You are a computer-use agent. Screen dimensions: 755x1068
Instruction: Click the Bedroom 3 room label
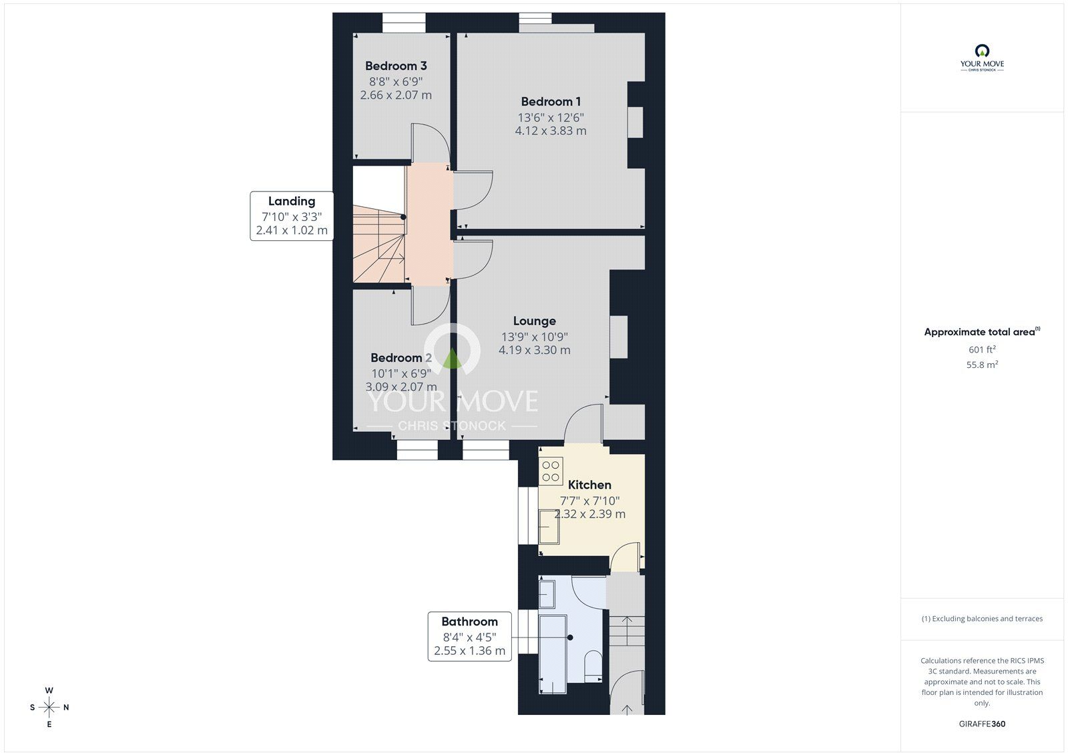pyautogui.click(x=396, y=66)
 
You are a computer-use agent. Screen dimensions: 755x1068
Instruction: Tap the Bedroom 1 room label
pyautogui.click(x=551, y=101)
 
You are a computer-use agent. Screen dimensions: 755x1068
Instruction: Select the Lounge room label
pyautogui.click(x=534, y=321)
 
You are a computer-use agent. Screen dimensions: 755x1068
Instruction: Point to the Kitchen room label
pyautogui.click(x=589, y=485)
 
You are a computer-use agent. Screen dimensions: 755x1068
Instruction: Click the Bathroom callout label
pyautogui.click(x=469, y=621)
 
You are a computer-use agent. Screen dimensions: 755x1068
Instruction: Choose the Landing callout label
pyautogui.click(x=292, y=201)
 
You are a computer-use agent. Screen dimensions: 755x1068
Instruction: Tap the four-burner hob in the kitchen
pyautogui.click(x=551, y=470)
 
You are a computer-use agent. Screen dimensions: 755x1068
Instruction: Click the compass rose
pyautogui.click(x=49, y=707)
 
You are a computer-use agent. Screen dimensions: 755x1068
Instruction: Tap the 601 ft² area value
pyautogui.click(x=982, y=349)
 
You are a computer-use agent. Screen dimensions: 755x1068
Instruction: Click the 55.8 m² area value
pyautogui.click(x=982, y=364)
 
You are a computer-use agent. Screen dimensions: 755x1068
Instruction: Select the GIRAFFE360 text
pyautogui.click(x=982, y=724)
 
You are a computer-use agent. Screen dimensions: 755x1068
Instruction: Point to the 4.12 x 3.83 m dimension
pyautogui.click(x=551, y=131)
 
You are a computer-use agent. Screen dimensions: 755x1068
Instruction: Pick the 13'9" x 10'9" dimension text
pyautogui.click(x=534, y=337)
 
